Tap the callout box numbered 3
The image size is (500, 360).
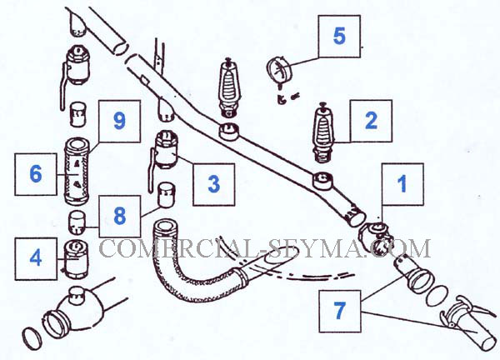point(213,182)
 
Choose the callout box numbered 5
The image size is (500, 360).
point(338,37)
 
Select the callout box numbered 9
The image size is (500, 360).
point(118,121)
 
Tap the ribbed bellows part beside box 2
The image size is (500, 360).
point(325,131)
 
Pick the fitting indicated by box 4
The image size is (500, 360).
point(77,257)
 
